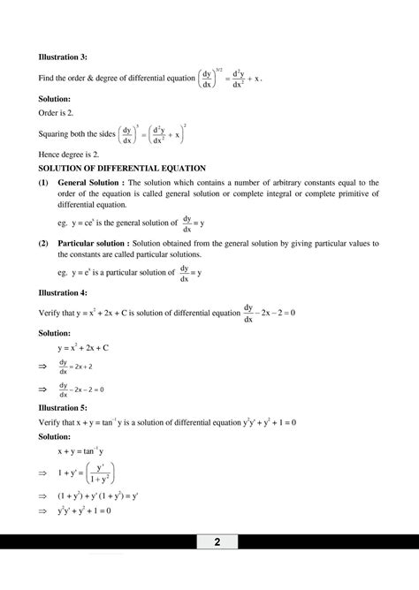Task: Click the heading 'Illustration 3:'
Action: click(61, 57)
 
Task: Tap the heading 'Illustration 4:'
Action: click(61, 291)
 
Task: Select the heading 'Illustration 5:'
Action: click(61, 408)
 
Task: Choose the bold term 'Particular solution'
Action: click(94, 243)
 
